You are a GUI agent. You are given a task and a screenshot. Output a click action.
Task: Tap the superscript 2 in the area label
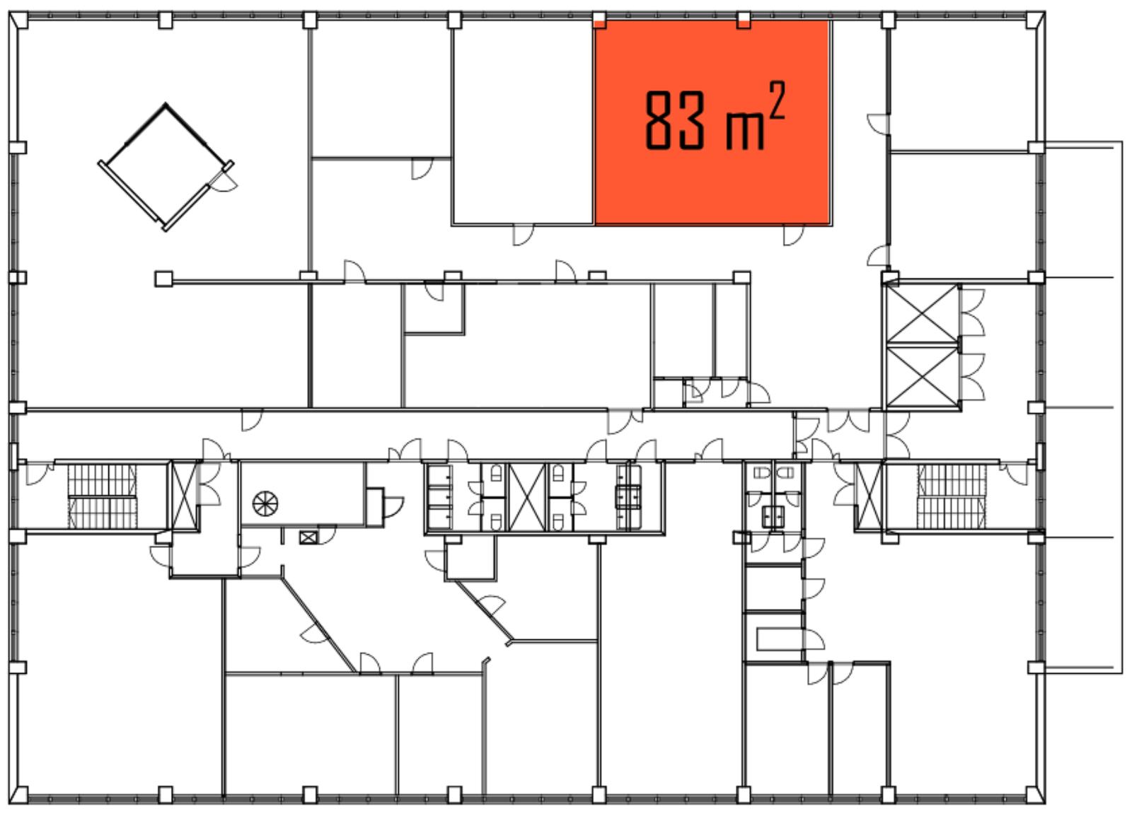point(776,100)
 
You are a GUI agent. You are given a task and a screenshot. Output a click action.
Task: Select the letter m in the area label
point(744,132)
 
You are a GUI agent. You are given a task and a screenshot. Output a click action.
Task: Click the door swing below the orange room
point(793,235)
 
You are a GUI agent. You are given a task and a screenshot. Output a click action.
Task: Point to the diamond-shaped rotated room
point(166,168)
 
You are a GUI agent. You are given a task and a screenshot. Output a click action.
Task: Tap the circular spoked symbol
point(265,503)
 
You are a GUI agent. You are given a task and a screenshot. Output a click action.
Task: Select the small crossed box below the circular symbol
point(308,537)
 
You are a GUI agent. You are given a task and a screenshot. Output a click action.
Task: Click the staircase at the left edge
point(102,496)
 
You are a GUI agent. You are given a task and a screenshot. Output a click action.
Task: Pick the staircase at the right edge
point(952,496)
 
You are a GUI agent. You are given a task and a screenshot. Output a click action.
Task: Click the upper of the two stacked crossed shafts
point(923,314)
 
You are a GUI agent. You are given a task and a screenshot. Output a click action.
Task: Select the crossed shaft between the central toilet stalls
point(526,497)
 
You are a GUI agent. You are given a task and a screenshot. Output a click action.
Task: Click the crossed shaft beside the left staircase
point(184,496)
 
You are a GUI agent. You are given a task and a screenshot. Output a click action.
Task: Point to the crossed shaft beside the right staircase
point(870,496)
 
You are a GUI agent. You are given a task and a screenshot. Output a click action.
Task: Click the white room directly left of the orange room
point(523,122)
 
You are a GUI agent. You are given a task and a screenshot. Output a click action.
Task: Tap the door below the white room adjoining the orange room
point(523,235)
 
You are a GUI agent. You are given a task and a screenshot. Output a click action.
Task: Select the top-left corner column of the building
point(18,21)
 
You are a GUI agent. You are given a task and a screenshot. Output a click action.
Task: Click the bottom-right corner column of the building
point(1036,795)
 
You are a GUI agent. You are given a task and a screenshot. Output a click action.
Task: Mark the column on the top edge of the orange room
point(744,21)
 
